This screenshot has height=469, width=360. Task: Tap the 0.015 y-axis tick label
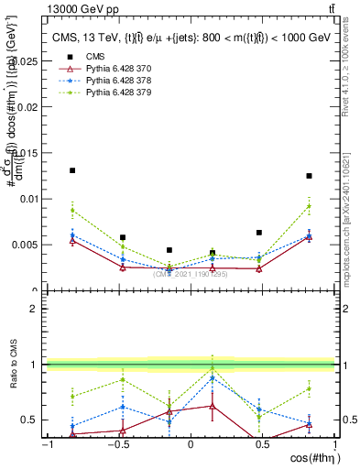pyautogui.click(x=27, y=153)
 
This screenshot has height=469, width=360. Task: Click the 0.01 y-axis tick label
pyautogui.click(x=29, y=199)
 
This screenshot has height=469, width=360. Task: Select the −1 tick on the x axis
pyautogui.click(x=47, y=444)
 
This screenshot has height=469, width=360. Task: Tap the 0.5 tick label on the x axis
pyautogui.click(x=263, y=444)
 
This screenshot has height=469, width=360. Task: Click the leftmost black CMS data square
pyautogui.click(x=72, y=170)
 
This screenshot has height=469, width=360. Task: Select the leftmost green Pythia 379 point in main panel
pyautogui.click(x=72, y=211)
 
